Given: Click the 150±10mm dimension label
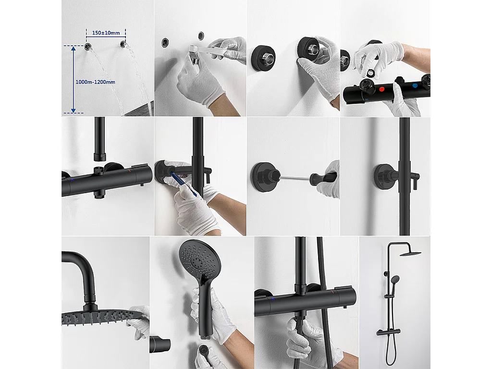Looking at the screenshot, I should (x=106, y=33).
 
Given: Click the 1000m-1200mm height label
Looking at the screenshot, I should (x=95, y=82).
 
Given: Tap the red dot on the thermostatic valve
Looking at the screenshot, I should (x=381, y=89).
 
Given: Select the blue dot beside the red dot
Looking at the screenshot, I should (x=415, y=86).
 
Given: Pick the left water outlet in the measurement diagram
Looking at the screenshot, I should (x=88, y=47).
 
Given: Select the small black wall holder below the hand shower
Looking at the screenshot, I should (x=160, y=344).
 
